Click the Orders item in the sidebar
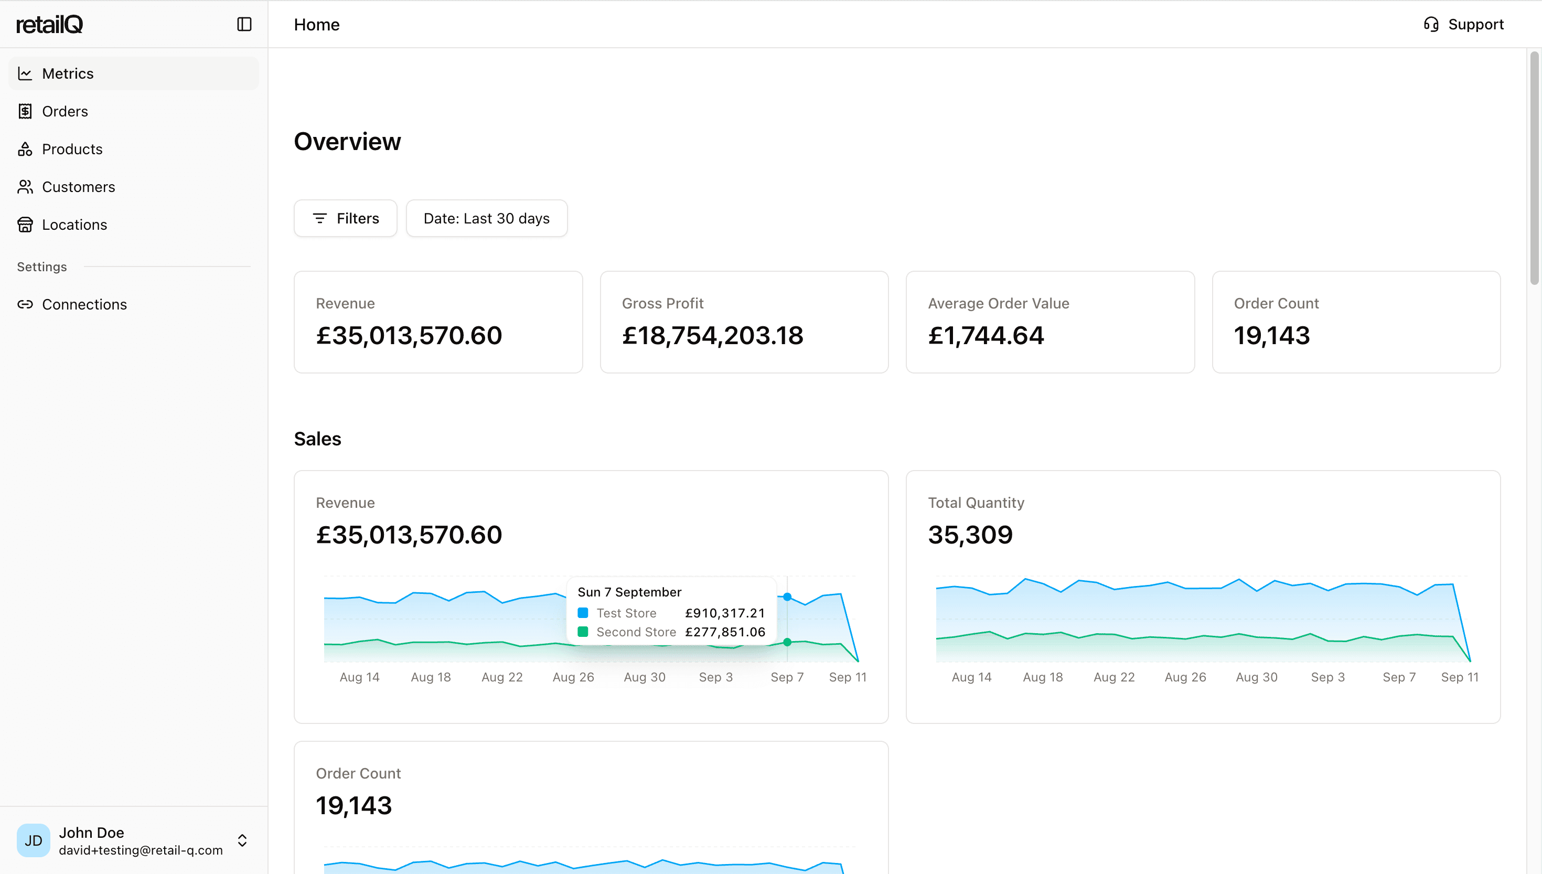[x=65, y=112]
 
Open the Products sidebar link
[x=72, y=150]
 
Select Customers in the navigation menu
[x=78, y=187]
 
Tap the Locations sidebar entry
[x=74, y=225]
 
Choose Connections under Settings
[x=84, y=305]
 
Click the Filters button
[x=346, y=218]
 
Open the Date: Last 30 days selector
[x=486, y=218]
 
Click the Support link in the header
[x=1464, y=25]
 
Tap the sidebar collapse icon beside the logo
[x=244, y=25]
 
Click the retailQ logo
[x=50, y=25]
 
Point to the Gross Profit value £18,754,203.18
[x=712, y=336]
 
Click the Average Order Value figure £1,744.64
[x=986, y=336]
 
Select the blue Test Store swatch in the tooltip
[x=583, y=613]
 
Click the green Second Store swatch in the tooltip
[x=583, y=632]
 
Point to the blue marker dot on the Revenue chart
[x=787, y=596]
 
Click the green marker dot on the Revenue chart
[x=787, y=642]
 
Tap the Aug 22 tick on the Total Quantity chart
[x=1114, y=677]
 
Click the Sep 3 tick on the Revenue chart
[x=716, y=677]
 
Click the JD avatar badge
[x=34, y=840]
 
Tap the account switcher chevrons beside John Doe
[x=242, y=840]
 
